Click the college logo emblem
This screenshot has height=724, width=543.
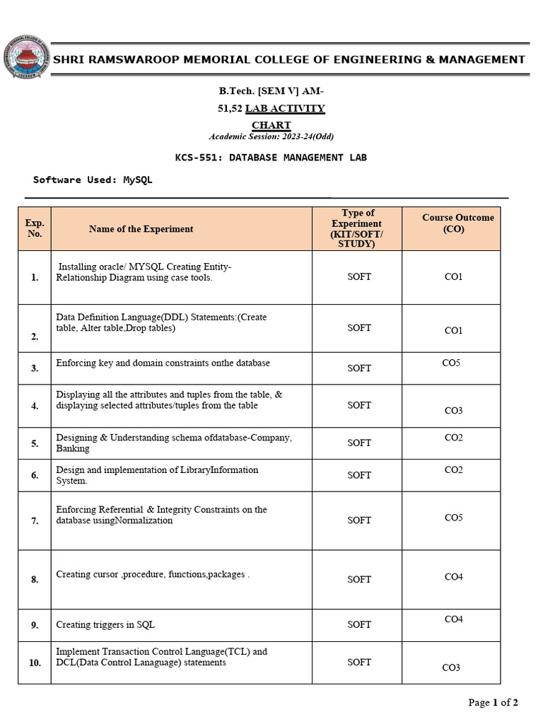(x=25, y=59)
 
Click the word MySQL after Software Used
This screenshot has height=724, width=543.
(x=138, y=180)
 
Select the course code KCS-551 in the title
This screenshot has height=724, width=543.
(x=197, y=157)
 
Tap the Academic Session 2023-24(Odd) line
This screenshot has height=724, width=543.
(x=271, y=136)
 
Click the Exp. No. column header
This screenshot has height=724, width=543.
(x=35, y=228)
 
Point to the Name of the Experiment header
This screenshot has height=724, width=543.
(x=141, y=229)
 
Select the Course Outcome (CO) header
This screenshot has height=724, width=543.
(x=457, y=223)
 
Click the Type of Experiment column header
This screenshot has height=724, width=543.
(x=358, y=228)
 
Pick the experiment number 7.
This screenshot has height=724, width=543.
(x=35, y=521)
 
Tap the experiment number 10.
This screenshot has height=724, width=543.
(x=35, y=663)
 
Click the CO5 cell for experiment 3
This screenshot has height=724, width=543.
(x=451, y=363)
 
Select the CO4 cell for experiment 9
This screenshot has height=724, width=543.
(x=453, y=619)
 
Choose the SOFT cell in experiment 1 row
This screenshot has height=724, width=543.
(x=358, y=277)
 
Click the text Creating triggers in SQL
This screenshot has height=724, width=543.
(x=105, y=625)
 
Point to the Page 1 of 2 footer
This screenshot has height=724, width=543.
(x=493, y=702)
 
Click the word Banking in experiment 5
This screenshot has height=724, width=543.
(x=73, y=448)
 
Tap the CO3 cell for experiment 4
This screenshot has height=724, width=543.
(x=453, y=411)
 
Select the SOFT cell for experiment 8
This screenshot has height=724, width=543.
(x=358, y=580)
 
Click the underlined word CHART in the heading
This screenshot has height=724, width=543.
(x=271, y=125)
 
